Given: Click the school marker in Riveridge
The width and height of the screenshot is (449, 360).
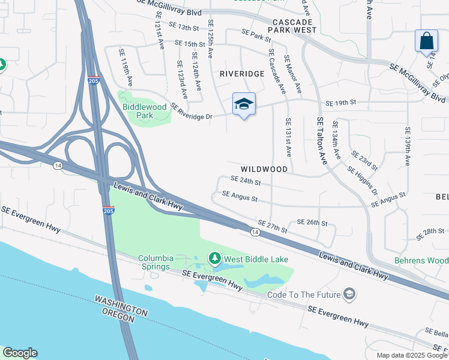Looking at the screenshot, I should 244,104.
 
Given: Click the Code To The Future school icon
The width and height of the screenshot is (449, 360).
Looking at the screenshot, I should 349,294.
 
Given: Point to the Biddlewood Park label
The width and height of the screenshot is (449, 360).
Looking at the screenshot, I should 144,111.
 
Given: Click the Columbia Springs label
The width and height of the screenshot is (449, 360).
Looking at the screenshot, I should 156,262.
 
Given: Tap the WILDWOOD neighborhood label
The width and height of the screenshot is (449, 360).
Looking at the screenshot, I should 265,169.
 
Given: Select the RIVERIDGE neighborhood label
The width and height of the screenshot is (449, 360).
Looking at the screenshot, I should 242,73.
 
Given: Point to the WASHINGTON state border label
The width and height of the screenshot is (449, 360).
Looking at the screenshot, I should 120,305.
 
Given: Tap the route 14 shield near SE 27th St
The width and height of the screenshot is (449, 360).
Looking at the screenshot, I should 255,232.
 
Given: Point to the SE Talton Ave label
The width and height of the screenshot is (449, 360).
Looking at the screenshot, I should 322,142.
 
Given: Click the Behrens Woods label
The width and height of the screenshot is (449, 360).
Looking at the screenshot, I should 420,261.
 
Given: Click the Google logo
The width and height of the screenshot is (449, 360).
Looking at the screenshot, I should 20,353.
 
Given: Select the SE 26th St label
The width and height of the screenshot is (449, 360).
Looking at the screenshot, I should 312,223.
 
